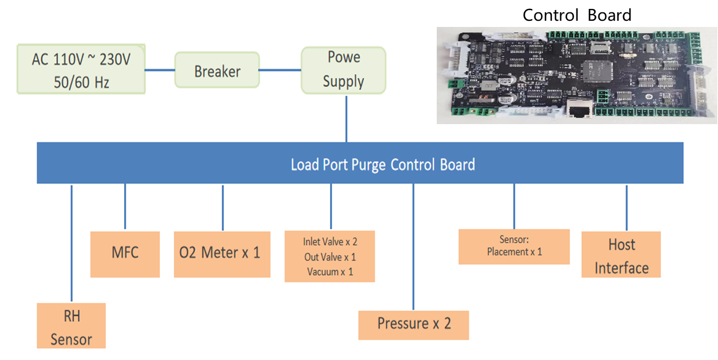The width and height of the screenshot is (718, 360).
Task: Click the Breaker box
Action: click(x=217, y=70)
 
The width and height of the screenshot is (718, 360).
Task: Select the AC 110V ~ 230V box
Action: click(x=81, y=69)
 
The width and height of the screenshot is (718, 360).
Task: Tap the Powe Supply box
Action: click(x=343, y=70)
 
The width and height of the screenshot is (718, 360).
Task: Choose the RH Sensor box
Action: click(x=71, y=326)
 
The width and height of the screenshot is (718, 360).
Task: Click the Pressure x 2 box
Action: click(x=414, y=325)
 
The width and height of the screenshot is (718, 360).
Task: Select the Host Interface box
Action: click(x=621, y=255)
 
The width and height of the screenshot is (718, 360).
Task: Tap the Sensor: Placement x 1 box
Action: click(x=514, y=247)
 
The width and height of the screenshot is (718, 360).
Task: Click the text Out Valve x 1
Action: click(x=330, y=257)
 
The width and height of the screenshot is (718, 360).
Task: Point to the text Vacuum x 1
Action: click(x=330, y=272)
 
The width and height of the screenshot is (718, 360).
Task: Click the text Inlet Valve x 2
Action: click(x=330, y=242)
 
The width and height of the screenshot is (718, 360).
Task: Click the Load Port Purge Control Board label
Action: click(x=382, y=165)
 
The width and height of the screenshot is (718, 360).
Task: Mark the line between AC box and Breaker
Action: click(x=160, y=70)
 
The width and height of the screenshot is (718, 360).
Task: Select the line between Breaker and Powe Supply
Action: click(x=280, y=70)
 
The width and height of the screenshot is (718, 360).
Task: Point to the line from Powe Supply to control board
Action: click(x=346, y=119)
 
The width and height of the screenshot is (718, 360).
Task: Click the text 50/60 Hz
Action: click(x=81, y=83)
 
